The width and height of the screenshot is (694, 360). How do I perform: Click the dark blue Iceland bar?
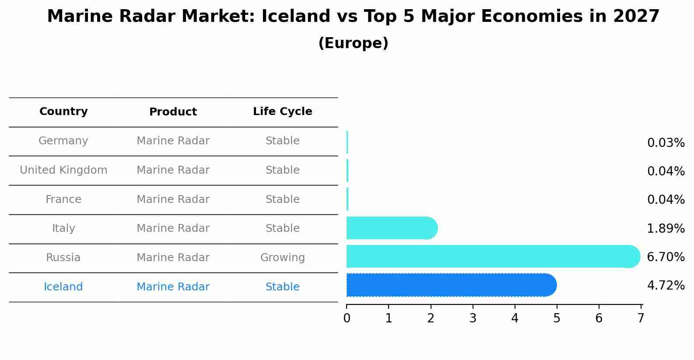click(451, 285)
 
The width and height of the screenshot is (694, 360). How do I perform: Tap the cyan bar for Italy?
click(392, 228)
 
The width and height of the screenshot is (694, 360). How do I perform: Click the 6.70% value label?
click(666, 257)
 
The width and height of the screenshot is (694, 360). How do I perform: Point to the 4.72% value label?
click(666, 286)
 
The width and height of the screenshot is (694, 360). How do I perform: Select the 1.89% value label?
click(666, 228)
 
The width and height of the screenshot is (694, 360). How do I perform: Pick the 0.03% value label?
click(666, 143)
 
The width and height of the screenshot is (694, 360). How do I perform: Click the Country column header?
click(63, 112)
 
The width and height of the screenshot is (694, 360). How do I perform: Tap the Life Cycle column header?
click(282, 112)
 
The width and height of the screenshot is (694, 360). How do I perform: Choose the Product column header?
click(173, 112)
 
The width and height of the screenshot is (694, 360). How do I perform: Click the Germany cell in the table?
click(63, 141)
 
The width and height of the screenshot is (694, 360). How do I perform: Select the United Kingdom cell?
click(63, 170)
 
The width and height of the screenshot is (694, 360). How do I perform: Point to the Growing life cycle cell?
click(282, 258)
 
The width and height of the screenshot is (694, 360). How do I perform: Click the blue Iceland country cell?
click(63, 287)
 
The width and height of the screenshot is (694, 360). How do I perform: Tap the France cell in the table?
click(63, 199)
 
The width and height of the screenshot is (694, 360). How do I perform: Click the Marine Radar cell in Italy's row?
click(173, 228)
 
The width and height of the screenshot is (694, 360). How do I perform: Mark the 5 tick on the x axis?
click(557, 318)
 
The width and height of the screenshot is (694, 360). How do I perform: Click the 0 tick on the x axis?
click(347, 318)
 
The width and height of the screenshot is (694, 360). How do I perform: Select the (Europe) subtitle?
click(353, 43)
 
